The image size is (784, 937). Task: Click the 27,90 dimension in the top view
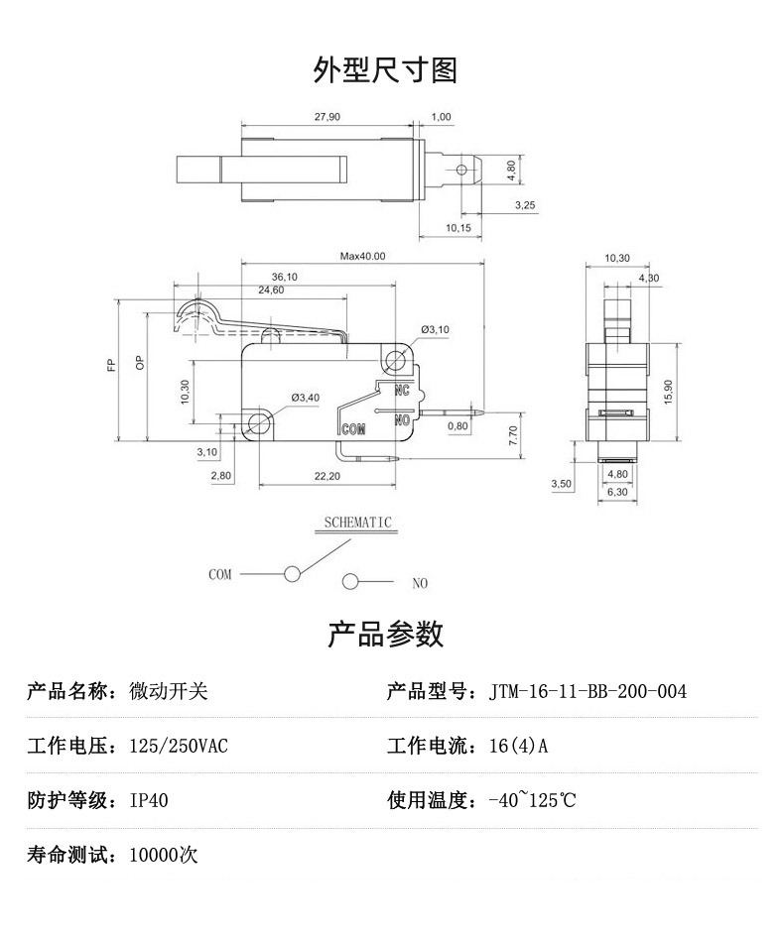coord(327,117)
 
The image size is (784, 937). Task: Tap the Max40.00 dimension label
coord(362,256)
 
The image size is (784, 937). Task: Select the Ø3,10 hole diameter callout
coord(435,329)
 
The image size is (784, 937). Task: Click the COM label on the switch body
coord(353,429)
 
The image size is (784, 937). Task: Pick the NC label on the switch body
coord(403,390)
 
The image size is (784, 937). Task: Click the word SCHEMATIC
coord(358,523)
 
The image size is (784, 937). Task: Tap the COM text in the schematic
coord(219,574)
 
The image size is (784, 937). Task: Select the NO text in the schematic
coord(420,583)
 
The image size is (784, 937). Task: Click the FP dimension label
coord(111,364)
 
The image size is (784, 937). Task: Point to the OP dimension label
coord(140,364)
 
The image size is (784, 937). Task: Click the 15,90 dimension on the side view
coord(668,392)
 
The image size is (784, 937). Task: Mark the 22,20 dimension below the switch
coord(327,477)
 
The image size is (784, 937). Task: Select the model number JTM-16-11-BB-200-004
coord(588,691)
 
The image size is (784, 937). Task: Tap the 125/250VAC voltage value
coord(179,746)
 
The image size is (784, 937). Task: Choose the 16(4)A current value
coord(518,746)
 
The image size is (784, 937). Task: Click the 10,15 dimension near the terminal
coord(457,228)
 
